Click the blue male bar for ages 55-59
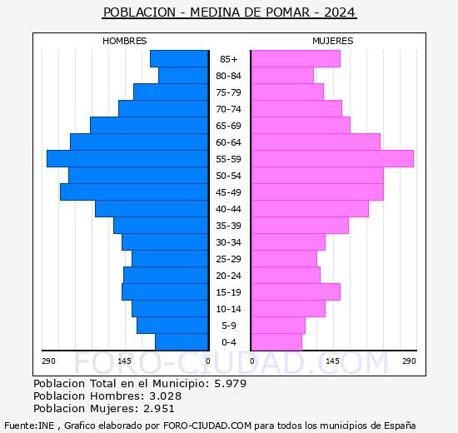pyautogui.click(x=127, y=159)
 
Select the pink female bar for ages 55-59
pyautogui.click(x=331, y=159)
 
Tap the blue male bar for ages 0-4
pyautogui.click(x=182, y=342)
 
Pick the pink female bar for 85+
pyautogui.click(x=295, y=59)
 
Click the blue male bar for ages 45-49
pyautogui.click(x=134, y=192)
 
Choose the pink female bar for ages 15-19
pyautogui.click(x=295, y=292)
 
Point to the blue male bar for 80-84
pyautogui.click(x=183, y=76)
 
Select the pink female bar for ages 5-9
pyautogui.click(x=277, y=326)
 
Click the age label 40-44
pyautogui.click(x=228, y=209)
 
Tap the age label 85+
pyautogui.click(x=228, y=59)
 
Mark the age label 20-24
pyautogui.click(x=228, y=276)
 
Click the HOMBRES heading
pyautogui.click(x=124, y=41)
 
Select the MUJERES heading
pyautogui.click(x=332, y=41)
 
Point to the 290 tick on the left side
pyautogui.click(x=48, y=361)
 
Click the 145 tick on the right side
pyautogui.click(x=332, y=361)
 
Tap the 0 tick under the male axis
pyautogui.click(x=207, y=361)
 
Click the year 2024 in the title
pyautogui.click(x=340, y=12)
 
